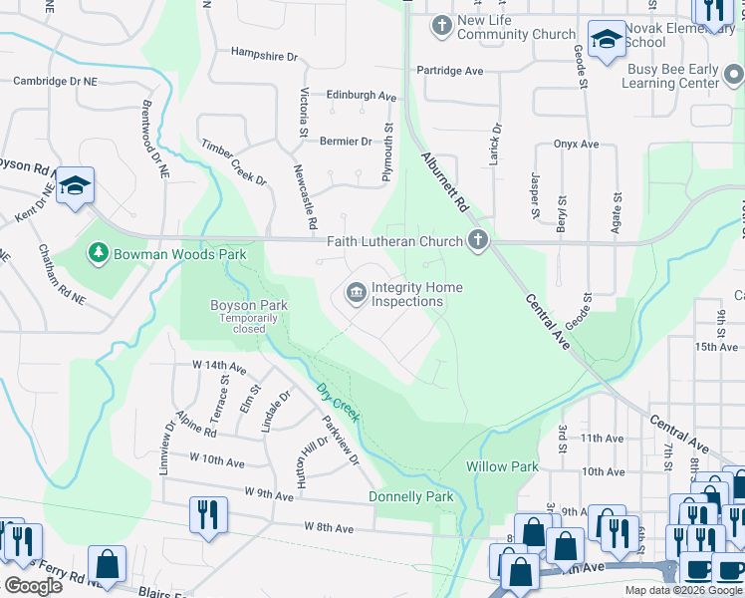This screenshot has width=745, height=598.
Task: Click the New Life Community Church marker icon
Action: [441, 23]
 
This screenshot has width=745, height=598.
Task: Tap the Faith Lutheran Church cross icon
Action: [478, 240]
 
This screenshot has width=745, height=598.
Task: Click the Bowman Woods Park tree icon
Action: [98, 254]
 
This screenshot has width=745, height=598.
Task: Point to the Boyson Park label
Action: [236, 305]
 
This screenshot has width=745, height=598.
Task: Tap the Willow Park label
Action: [502, 466]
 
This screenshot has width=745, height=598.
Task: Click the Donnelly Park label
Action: [410, 496]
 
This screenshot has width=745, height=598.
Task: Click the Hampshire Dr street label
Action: [264, 55]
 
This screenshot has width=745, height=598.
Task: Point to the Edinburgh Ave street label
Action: [362, 96]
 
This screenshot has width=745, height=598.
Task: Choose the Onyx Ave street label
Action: [576, 145]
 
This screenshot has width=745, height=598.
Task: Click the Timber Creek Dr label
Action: [234, 163]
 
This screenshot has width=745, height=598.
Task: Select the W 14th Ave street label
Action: [216, 366]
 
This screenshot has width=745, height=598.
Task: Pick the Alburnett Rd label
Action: [444, 180]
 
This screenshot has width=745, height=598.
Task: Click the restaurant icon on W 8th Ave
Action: [208, 514]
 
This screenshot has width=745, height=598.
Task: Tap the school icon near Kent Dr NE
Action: [75, 185]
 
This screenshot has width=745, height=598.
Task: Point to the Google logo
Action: [33, 586]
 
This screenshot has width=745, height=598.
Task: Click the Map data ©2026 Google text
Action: [682, 590]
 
